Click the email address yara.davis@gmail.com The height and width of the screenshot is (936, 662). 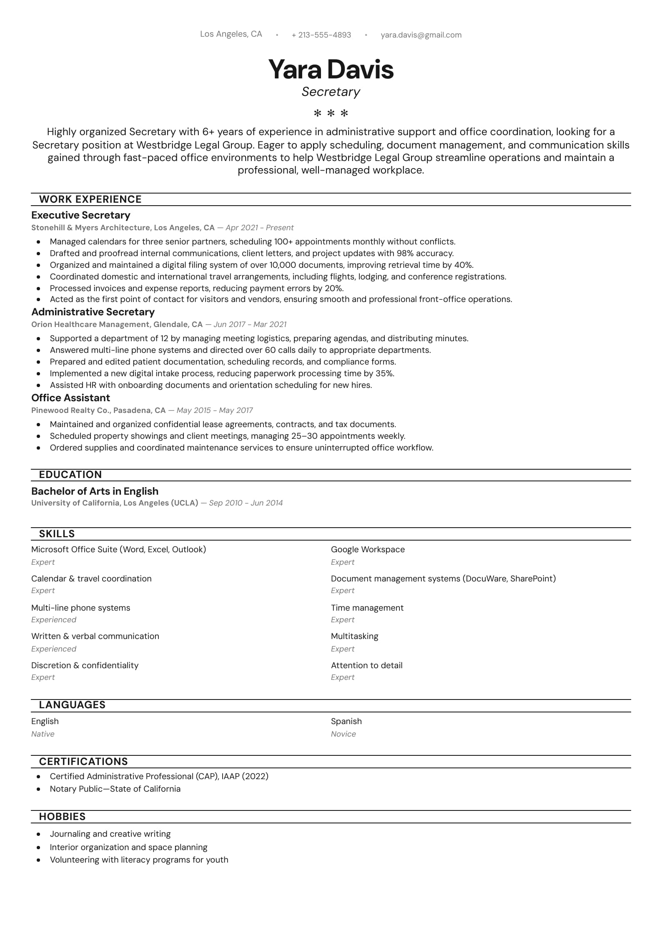(x=421, y=35)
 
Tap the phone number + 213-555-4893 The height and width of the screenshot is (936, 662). (x=321, y=35)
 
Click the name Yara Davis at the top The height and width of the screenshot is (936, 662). (x=331, y=69)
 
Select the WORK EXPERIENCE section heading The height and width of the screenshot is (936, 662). (x=90, y=199)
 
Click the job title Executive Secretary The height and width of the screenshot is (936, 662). (x=81, y=215)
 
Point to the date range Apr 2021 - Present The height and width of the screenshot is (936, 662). (x=259, y=228)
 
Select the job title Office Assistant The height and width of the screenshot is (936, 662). (x=71, y=398)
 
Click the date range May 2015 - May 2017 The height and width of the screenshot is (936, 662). (x=215, y=410)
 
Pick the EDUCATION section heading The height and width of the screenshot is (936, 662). (x=70, y=475)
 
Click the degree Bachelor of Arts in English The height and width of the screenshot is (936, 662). (x=95, y=491)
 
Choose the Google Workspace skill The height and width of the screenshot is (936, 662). (x=368, y=549)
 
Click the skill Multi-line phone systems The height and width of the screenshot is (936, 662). (x=81, y=608)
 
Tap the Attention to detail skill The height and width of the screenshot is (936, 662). (x=367, y=665)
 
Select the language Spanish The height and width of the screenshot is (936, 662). (x=346, y=721)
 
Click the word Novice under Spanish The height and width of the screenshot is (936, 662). (x=344, y=734)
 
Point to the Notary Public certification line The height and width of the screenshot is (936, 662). (x=115, y=789)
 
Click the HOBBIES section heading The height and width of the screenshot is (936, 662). (x=63, y=817)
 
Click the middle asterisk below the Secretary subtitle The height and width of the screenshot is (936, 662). (x=331, y=113)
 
